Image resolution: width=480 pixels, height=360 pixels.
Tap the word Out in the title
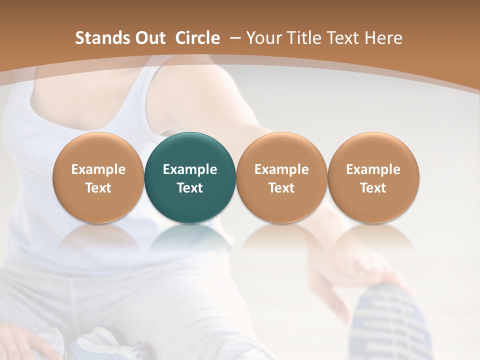point(148,38)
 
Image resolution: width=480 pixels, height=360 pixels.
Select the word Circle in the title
point(197,38)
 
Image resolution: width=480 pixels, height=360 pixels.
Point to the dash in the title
point(233,38)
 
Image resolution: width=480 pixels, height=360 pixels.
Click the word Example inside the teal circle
point(190,169)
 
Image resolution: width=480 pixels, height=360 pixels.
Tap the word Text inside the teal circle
point(190,188)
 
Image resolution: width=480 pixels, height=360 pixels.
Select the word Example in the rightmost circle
point(373,169)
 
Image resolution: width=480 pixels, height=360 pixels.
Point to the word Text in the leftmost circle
point(98,188)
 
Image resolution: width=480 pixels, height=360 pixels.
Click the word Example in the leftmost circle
point(98,169)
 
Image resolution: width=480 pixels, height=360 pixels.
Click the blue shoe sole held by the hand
point(385,320)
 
